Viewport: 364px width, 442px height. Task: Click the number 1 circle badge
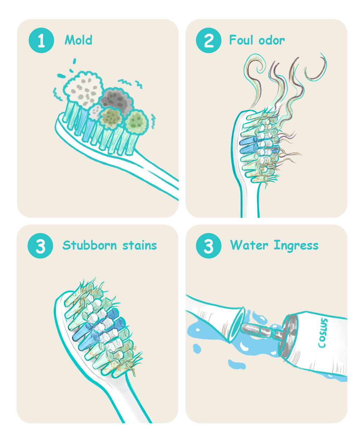tap(41, 40)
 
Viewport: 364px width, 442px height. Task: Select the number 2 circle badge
tap(209, 40)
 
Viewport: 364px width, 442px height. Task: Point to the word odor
tap(272, 40)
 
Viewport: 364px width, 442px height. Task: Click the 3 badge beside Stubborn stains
tap(40, 245)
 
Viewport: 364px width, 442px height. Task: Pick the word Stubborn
tap(89, 245)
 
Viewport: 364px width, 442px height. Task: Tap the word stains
tap(140, 245)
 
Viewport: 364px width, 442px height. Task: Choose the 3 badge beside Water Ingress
tap(209, 245)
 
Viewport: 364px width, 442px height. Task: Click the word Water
tap(249, 245)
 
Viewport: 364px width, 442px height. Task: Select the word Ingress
tap(296, 245)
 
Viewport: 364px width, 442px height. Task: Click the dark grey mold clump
tap(117, 101)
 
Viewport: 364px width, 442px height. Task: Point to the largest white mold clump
tap(83, 89)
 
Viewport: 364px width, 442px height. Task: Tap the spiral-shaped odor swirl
tap(255, 68)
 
